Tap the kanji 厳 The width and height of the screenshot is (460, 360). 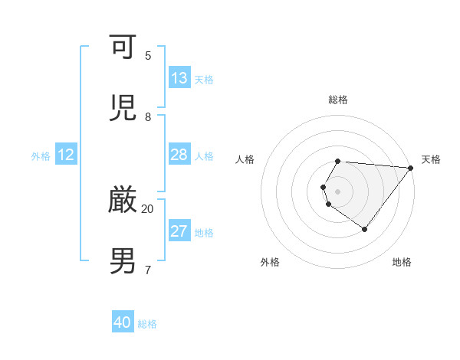pos(124,200)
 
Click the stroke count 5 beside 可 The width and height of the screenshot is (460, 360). pos(148,55)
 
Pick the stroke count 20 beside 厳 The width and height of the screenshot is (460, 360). pos(148,208)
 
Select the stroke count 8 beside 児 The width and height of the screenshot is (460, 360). pos(148,116)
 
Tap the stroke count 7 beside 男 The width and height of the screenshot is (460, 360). pos(148,270)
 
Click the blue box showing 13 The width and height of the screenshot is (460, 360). pos(179,78)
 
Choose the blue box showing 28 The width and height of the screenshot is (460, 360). pos(179,155)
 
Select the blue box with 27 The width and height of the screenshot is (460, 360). pos(179,231)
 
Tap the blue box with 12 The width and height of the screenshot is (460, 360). pos(66,155)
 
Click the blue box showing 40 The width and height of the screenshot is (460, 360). pos(123,322)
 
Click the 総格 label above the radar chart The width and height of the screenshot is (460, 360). pos(338,100)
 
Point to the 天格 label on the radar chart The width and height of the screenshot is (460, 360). pos(431,159)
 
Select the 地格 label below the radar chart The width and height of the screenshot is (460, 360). pos(402,262)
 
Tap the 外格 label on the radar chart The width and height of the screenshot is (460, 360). pos(270,262)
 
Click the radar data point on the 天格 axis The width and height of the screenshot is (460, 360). pos(411,168)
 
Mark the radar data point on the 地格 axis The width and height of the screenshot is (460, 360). pos(365,229)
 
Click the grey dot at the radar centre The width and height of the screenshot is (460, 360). pos(338,191)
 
